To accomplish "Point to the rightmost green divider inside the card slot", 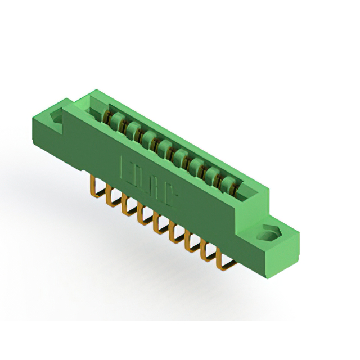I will pos(227,184).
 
